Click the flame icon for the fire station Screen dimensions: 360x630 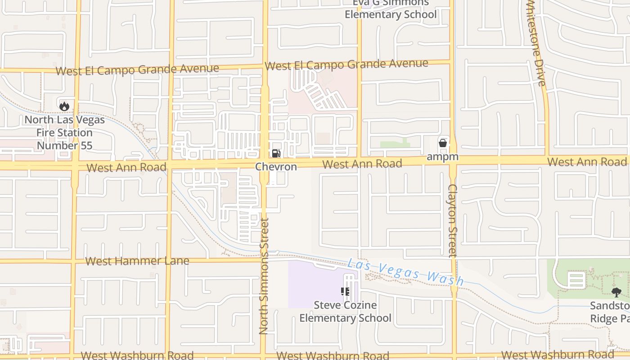[64, 106]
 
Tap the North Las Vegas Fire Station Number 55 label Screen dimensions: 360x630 [64, 133]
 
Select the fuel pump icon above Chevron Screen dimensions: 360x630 [276, 153]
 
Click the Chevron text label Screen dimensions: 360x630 [276, 167]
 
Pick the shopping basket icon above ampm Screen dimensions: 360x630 [443, 144]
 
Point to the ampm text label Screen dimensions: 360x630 [443, 157]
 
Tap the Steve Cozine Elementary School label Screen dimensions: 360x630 [345, 311]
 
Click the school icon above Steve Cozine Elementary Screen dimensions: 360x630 [345, 292]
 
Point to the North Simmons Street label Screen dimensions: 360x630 [264, 276]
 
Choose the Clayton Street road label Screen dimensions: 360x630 [453, 220]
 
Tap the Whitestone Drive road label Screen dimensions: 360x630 [536, 43]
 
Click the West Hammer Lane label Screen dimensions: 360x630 [137, 261]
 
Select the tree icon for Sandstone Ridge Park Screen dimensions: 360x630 [616, 292]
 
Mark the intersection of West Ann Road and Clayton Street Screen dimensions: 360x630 [453, 161]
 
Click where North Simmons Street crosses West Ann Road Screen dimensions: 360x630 [265, 163]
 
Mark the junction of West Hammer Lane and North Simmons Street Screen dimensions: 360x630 [264, 260]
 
